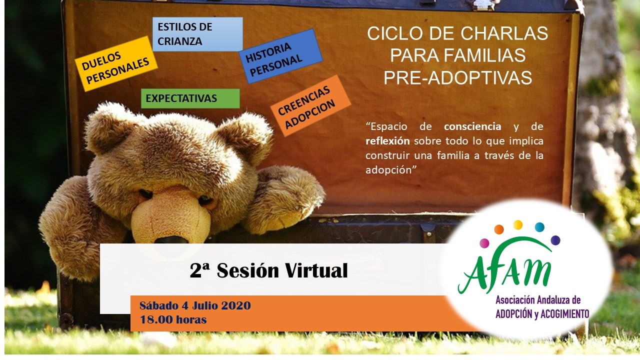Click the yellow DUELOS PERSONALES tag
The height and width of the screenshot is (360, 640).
pos(116,63)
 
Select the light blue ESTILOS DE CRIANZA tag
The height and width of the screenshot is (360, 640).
pos(197,34)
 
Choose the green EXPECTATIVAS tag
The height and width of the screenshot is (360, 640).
pos(190,98)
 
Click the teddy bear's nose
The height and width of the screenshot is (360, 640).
pos(170,238)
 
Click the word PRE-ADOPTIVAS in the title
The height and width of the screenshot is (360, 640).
pos(457,77)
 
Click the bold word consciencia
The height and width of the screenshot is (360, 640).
pos(472,126)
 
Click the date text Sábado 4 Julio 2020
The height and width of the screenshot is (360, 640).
pos(195,305)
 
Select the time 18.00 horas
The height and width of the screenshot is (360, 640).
pos(173,319)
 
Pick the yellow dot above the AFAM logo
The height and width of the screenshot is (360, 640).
pos(517,224)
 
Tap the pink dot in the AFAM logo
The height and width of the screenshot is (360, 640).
pos(484,243)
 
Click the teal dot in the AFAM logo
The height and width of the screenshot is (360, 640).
pos(539,227)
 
